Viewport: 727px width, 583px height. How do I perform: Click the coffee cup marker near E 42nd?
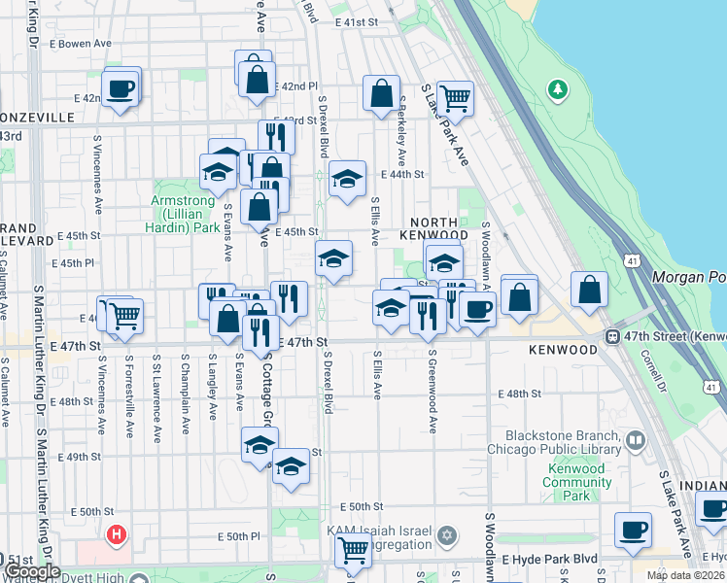coord(121,87)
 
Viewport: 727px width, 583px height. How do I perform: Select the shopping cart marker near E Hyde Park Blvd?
coord(353,550)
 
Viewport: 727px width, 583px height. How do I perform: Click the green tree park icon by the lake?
coord(558,90)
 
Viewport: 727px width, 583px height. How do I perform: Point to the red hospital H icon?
coord(117,534)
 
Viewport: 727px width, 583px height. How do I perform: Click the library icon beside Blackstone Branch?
coord(635,441)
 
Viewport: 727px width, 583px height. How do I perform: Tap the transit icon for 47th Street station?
coord(614,336)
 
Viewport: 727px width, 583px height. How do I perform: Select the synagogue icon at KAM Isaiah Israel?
coord(447,535)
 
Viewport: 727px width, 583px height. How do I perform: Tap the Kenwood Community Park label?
coord(576,482)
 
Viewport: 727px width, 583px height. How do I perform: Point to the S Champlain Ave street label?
coord(184,386)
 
